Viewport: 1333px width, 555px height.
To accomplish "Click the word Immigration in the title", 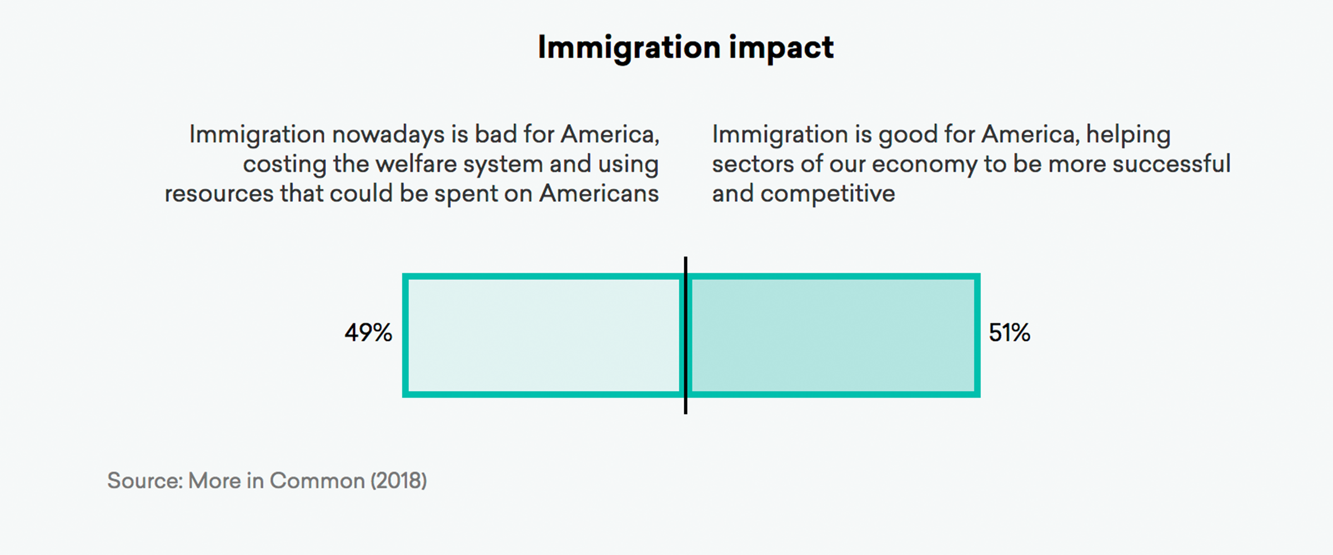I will click(629, 48).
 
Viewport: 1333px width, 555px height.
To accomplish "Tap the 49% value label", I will click(368, 333).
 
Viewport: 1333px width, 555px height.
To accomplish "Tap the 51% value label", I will click(1009, 333).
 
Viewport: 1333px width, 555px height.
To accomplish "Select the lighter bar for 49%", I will click(544, 335).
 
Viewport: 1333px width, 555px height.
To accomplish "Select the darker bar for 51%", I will click(832, 335).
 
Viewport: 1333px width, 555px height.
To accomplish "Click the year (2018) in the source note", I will click(398, 481).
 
